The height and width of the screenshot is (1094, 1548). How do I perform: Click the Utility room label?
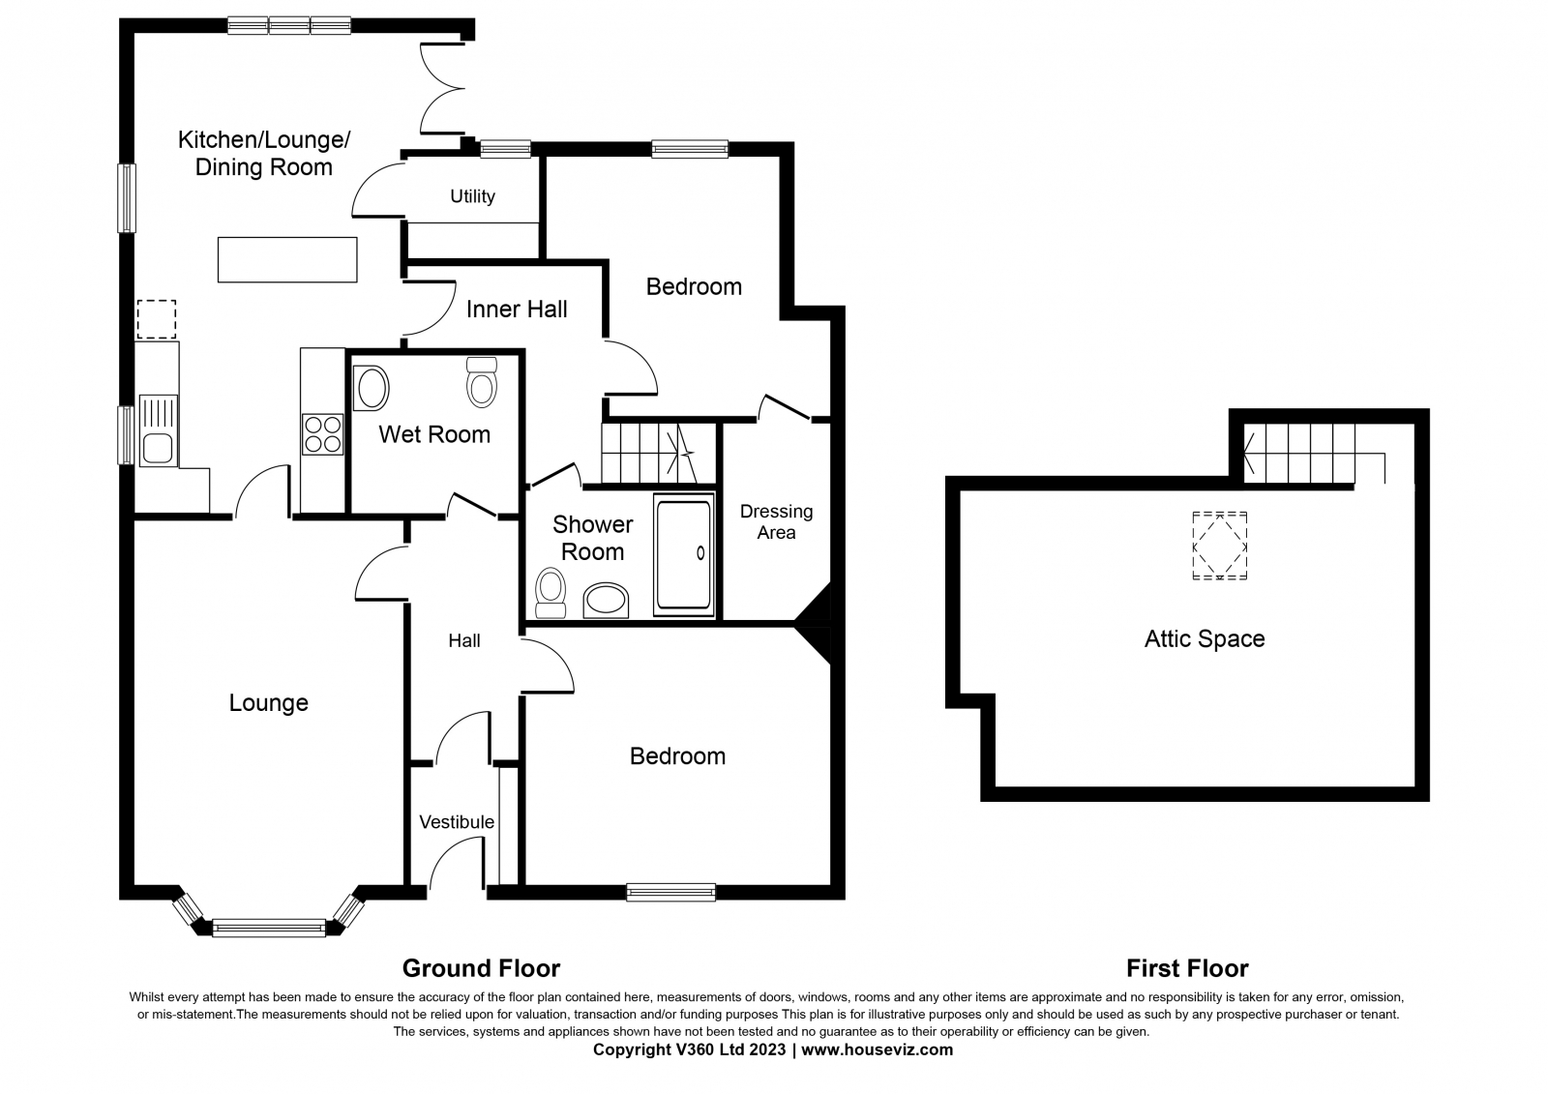coord(473,197)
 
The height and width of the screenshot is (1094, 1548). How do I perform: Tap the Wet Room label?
coord(434,434)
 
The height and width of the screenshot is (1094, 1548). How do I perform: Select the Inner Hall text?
coord(517,309)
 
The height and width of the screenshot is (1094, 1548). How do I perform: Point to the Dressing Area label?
coord(776,521)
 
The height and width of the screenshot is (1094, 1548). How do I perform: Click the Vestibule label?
coord(457,822)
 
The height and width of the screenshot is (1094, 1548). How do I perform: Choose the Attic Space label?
coord(1205,638)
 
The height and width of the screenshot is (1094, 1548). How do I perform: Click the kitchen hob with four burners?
coord(322,434)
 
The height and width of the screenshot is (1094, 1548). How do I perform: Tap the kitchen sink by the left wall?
coord(159,429)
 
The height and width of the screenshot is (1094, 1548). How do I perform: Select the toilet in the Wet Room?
coord(482,382)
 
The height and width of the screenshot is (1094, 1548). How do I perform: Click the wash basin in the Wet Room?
coord(372,389)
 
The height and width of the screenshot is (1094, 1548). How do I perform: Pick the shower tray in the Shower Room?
coord(683,554)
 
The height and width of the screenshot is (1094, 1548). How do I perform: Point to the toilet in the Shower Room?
coord(551,593)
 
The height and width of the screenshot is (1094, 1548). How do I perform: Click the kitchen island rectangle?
coord(287,260)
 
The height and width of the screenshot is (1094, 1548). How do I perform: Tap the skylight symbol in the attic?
coord(1220,546)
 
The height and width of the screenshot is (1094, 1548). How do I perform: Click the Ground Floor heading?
coord(481,968)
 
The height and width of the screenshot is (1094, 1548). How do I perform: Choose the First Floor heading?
coord(1187,968)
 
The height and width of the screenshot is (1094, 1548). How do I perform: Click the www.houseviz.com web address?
coord(877,1050)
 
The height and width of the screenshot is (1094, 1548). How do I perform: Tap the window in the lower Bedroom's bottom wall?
coord(671,892)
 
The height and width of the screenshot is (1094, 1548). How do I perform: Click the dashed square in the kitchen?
coord(157,319)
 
